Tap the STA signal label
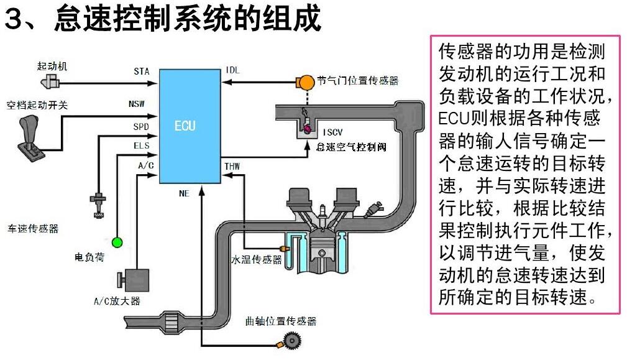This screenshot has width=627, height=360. [x=142, y=72]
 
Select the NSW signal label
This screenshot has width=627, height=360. [x=137, y=103]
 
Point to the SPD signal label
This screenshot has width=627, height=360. [x=141, y=127]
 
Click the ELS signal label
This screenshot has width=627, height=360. [x=141, y=146]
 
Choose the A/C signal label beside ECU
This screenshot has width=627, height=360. [x=145, y=165]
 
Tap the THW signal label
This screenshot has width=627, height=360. [x=232, y=166]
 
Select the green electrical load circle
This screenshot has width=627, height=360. [x=117, y=241]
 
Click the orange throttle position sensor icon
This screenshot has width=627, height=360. [x=306, y=81]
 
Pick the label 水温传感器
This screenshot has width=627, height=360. [x=257, y=259]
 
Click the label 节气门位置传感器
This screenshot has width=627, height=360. [x=357, y=81]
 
